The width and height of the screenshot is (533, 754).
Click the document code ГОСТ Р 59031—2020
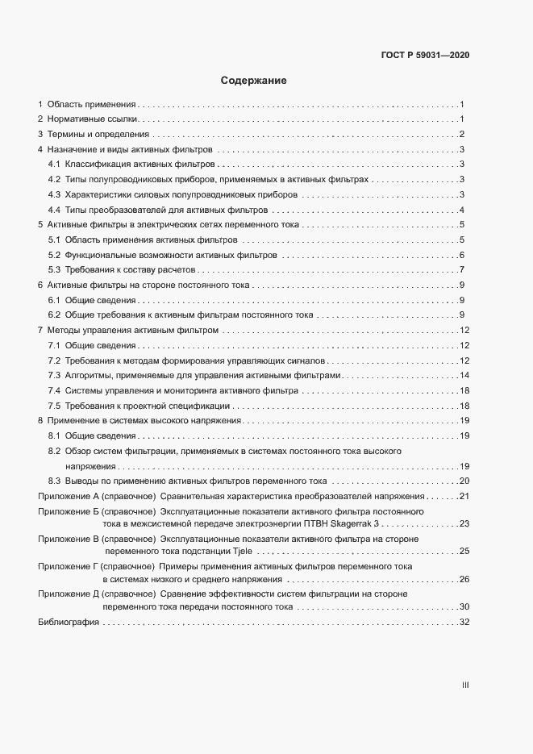(424, 56)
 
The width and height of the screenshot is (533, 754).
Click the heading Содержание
(253, 81)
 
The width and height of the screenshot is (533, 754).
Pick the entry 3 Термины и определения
(94, 135)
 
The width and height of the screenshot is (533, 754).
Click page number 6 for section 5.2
(462, 255)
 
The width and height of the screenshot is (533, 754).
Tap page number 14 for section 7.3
(464, 376)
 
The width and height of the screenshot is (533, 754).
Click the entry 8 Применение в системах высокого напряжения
(139, 421)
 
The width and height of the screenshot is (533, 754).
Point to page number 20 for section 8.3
(464, 481)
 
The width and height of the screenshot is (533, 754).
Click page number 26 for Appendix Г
(464, 579)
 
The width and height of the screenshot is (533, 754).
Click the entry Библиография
(69, 623)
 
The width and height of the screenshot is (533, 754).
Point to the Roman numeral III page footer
(465, 685)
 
